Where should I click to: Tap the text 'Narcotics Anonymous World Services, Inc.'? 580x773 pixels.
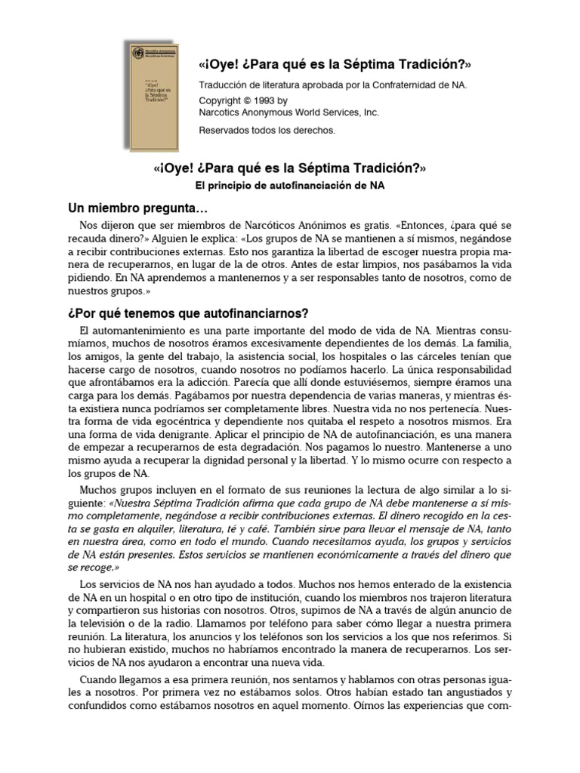[288, 112]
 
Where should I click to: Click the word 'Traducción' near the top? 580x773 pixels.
[222, 85]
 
